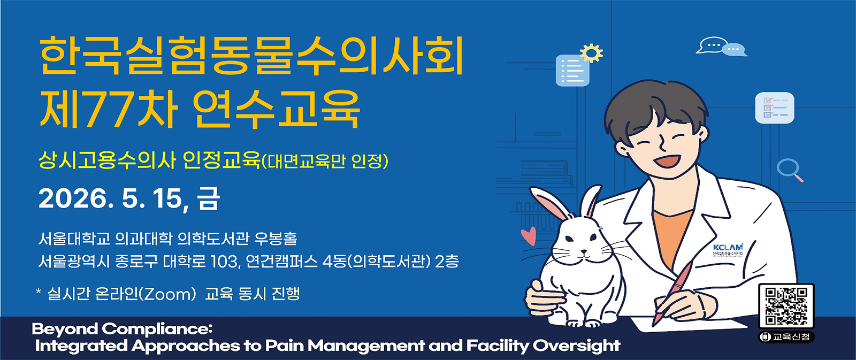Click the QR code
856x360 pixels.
(x=786, y=306)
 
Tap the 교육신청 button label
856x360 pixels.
(x=786, y=337)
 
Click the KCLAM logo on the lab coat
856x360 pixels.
(x=728, y=250)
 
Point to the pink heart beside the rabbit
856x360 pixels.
(x=529, y=236)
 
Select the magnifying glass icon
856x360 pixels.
(x=790, y=170)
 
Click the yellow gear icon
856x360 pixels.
(x=591, y=53)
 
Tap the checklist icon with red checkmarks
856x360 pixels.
(x=774, y=108)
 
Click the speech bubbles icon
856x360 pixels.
(x=722, y=47)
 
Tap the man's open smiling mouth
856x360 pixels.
(x=668, y=160)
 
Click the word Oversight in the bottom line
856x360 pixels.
(x=577, y=346)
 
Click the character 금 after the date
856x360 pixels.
(x=209, y=198)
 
